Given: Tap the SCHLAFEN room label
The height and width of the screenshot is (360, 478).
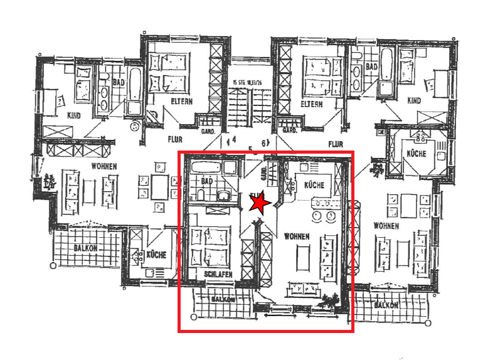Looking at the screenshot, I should click(218, 275).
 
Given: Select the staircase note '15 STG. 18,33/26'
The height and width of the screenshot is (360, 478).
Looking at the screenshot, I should click(246, 82).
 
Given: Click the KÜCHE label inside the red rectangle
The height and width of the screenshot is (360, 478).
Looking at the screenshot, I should click(314, 186).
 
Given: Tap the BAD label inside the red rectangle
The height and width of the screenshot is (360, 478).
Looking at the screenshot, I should click(208, 181).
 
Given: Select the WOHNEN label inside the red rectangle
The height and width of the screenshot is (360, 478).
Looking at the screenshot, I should click(296, 236).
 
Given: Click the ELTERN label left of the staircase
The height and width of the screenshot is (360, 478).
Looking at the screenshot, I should click(181, 101).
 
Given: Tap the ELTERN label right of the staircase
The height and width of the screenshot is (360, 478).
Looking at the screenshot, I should click(311, 104).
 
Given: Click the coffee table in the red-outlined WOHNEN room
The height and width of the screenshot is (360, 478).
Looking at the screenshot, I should click(302, 258).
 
